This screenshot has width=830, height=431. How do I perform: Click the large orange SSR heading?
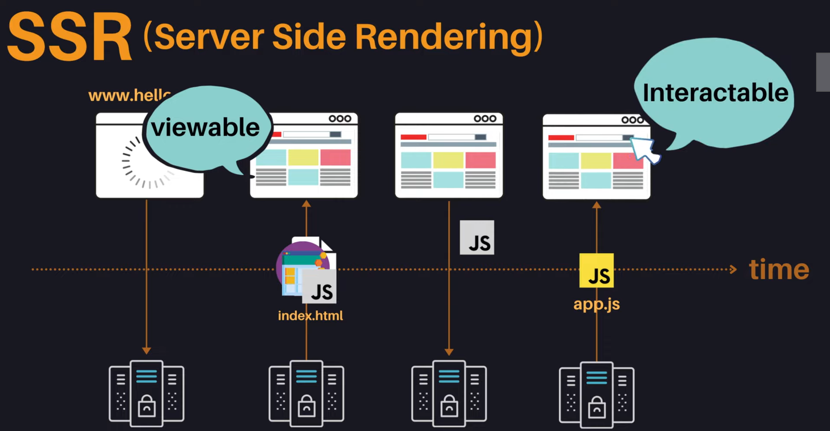point(70,37)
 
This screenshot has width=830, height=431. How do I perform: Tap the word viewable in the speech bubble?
point(205,127)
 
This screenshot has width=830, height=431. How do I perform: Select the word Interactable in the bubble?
point(715,93)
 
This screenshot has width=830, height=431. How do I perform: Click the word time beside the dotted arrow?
point(779,270)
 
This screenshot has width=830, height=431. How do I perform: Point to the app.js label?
point(596,304)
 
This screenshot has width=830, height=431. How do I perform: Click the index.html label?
point(310,315)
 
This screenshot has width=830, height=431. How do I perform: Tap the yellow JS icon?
point(596,271)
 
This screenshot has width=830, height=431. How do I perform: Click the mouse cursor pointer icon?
point(644,149)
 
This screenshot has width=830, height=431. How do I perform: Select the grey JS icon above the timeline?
point(477,237)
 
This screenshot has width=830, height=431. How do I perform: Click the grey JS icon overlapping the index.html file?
point(319,287)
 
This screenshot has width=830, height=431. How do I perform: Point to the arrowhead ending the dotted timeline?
point(733,270)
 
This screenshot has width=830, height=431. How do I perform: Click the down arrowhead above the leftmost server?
point(146,350)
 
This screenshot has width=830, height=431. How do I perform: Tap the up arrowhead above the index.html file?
point(306,204)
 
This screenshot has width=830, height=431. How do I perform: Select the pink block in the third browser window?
point(480,160)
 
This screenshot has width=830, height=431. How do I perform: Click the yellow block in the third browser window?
point(448,160)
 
